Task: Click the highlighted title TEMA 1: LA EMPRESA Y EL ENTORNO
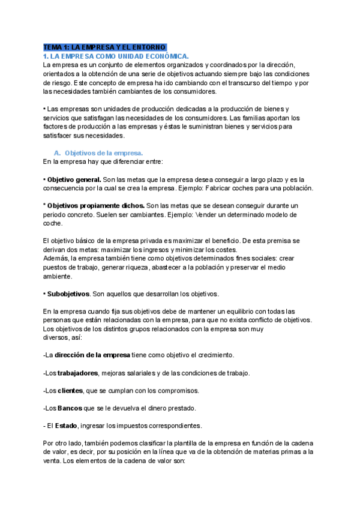point(104,47)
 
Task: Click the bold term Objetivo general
point(74,179)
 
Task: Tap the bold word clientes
point(70,391)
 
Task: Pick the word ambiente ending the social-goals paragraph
point(58,276)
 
